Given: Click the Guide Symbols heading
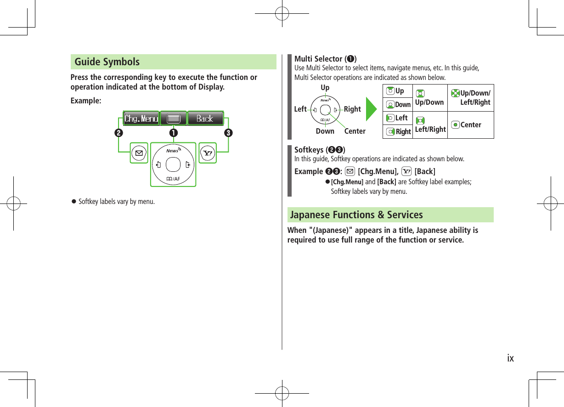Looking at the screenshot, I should tap(107, 62).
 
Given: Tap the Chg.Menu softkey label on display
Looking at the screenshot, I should tap(141, 119).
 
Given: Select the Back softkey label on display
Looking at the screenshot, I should tap(205, 119).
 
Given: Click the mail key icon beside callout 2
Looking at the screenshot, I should tap(138, 153).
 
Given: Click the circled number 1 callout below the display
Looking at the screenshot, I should tap(173, 133).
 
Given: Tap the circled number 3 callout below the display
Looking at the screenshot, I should tap(228, 133).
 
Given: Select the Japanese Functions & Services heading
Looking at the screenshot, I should tap(356, 215).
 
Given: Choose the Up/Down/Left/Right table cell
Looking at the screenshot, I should tap(471, 97).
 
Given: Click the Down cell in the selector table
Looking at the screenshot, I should tap(398, 105).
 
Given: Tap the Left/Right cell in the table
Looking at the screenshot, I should tap(430, 125).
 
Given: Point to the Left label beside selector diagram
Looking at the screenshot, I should tap(300, 109).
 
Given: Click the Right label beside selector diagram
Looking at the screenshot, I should tap(352, 109).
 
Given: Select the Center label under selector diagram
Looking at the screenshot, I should tap(355, 131).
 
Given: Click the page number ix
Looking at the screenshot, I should tap(510, 358).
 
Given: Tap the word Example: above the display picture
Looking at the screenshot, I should tap(86, 101).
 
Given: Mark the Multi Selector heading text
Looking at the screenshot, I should tap(325, 59).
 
